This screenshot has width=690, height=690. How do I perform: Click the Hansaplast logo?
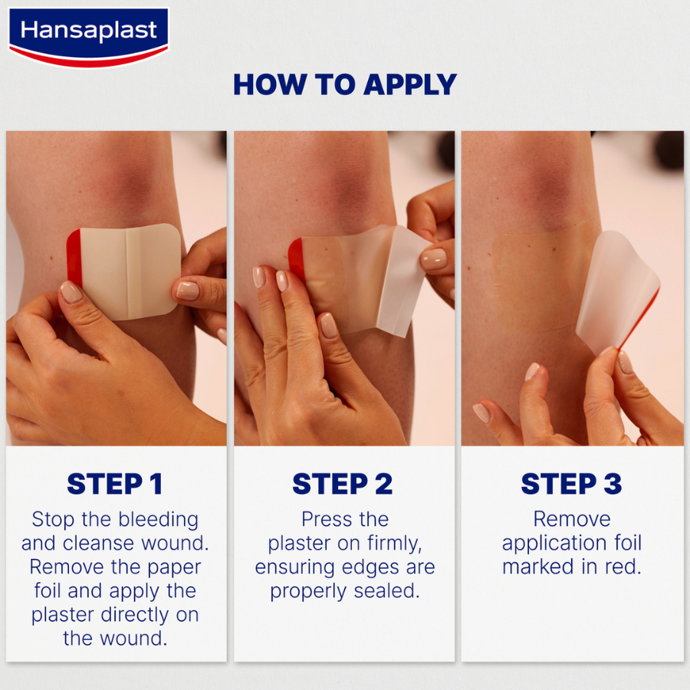88,34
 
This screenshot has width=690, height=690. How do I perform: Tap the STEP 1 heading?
114,484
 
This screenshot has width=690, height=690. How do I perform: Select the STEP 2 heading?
342,484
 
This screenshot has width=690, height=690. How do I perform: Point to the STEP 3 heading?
571,484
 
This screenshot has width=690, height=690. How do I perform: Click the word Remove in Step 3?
572,519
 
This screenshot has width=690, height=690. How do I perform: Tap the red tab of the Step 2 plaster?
296,258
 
